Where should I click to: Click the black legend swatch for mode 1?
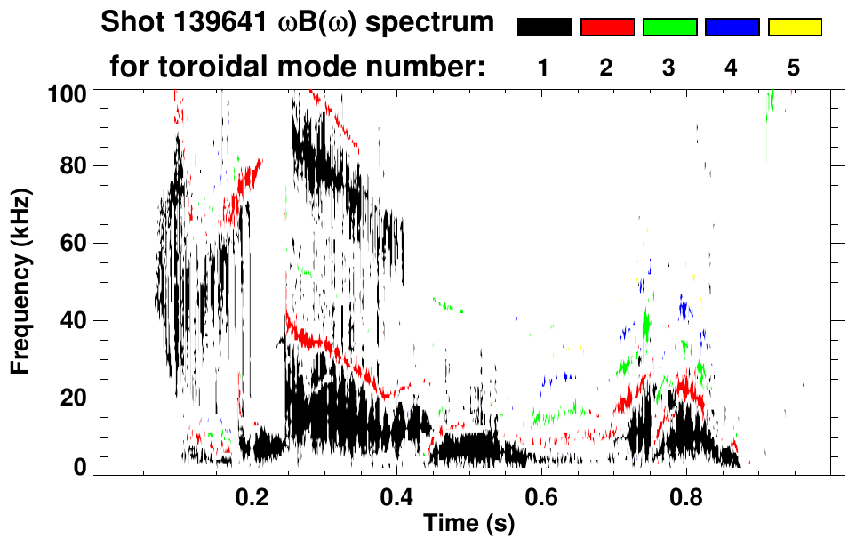tap(544, 28)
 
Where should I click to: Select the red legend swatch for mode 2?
tap(607, 28)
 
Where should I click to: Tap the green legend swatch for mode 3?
tap(669, 28)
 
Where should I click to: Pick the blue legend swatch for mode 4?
tap(732, 28)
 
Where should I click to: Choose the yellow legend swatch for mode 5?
tap(795, 28)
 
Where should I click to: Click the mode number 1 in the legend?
tap(544, 68)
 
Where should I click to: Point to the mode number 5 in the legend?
tap(794, 68)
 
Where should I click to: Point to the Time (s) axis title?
tap(468, 524)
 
